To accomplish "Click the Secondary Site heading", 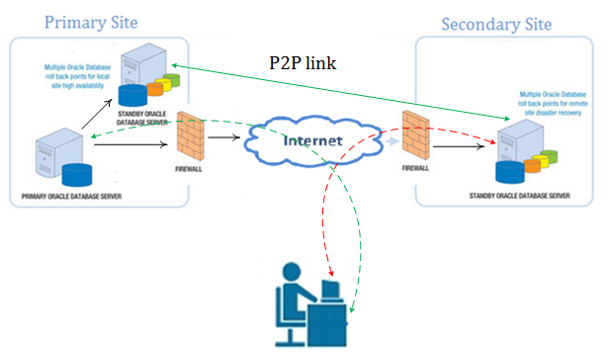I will point(495,24).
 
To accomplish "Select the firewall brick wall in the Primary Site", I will point(190,136).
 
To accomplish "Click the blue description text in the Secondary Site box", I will point(552,104).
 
